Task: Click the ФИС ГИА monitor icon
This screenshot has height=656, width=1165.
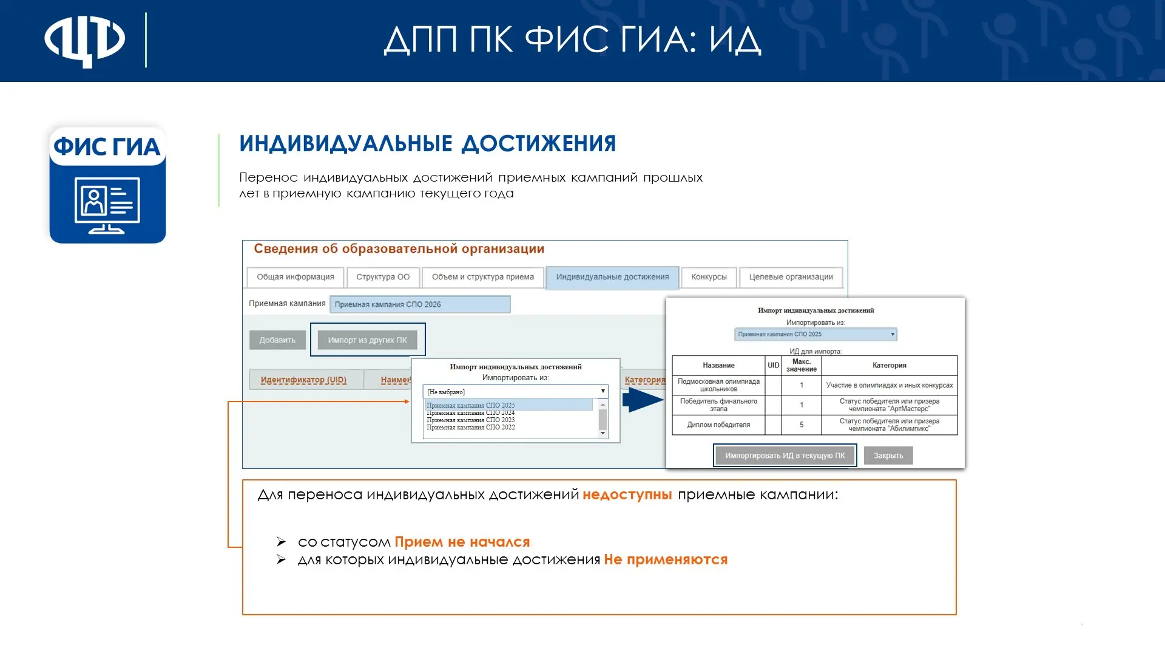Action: pyautogui.click(x=107, y=185)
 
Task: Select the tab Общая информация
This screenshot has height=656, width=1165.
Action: pyautogui.click(x=295, y=277)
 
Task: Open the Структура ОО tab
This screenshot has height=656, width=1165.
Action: pyautogui.click(x=383, y=277)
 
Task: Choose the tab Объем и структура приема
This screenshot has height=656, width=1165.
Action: pyautogui.click(x=483, y=277)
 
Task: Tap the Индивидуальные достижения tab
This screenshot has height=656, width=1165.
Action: pyautogui.click(x=612, y=278)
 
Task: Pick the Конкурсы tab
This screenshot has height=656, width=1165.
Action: pyautogui.click(x=709, y=277)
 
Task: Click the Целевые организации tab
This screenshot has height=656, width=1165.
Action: pyautogui.click(x=791, y=277)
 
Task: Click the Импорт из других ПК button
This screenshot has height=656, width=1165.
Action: pyautogui.click(x=367, y=340)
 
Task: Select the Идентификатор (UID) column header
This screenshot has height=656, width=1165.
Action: pyautogui.click(x=303, y=380)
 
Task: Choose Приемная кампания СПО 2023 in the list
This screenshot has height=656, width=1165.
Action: pyautogui.click(x=471, y=420)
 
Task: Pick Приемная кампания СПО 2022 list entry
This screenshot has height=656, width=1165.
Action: pyautogui.click(x=471, y=427)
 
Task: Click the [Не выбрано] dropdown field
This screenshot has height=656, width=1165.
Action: pyautogui.click(x=516, y=392)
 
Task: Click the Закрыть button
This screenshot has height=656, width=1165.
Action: pyautogui.click(x=888, y=456)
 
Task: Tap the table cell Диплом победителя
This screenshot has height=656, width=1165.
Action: pyautogui.click(x=718, y=425)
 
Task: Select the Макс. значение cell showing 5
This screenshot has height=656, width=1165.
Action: pyautogui.click(x=802, y=425)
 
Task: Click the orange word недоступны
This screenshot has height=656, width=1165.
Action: pyautogui.click(x=627, y=495)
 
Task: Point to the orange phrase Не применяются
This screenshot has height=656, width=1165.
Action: pyautogui.click(x=666, y=560)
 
